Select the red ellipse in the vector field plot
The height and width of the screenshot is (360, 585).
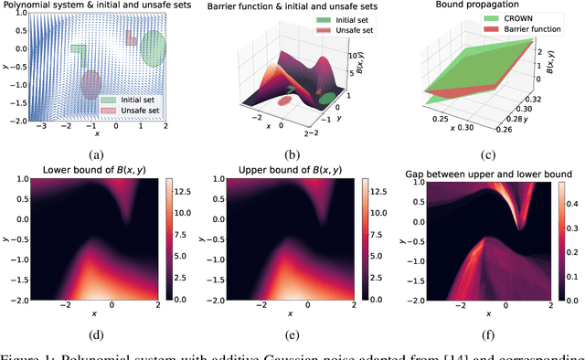90,84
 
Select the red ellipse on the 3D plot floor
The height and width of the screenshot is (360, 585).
286,101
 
